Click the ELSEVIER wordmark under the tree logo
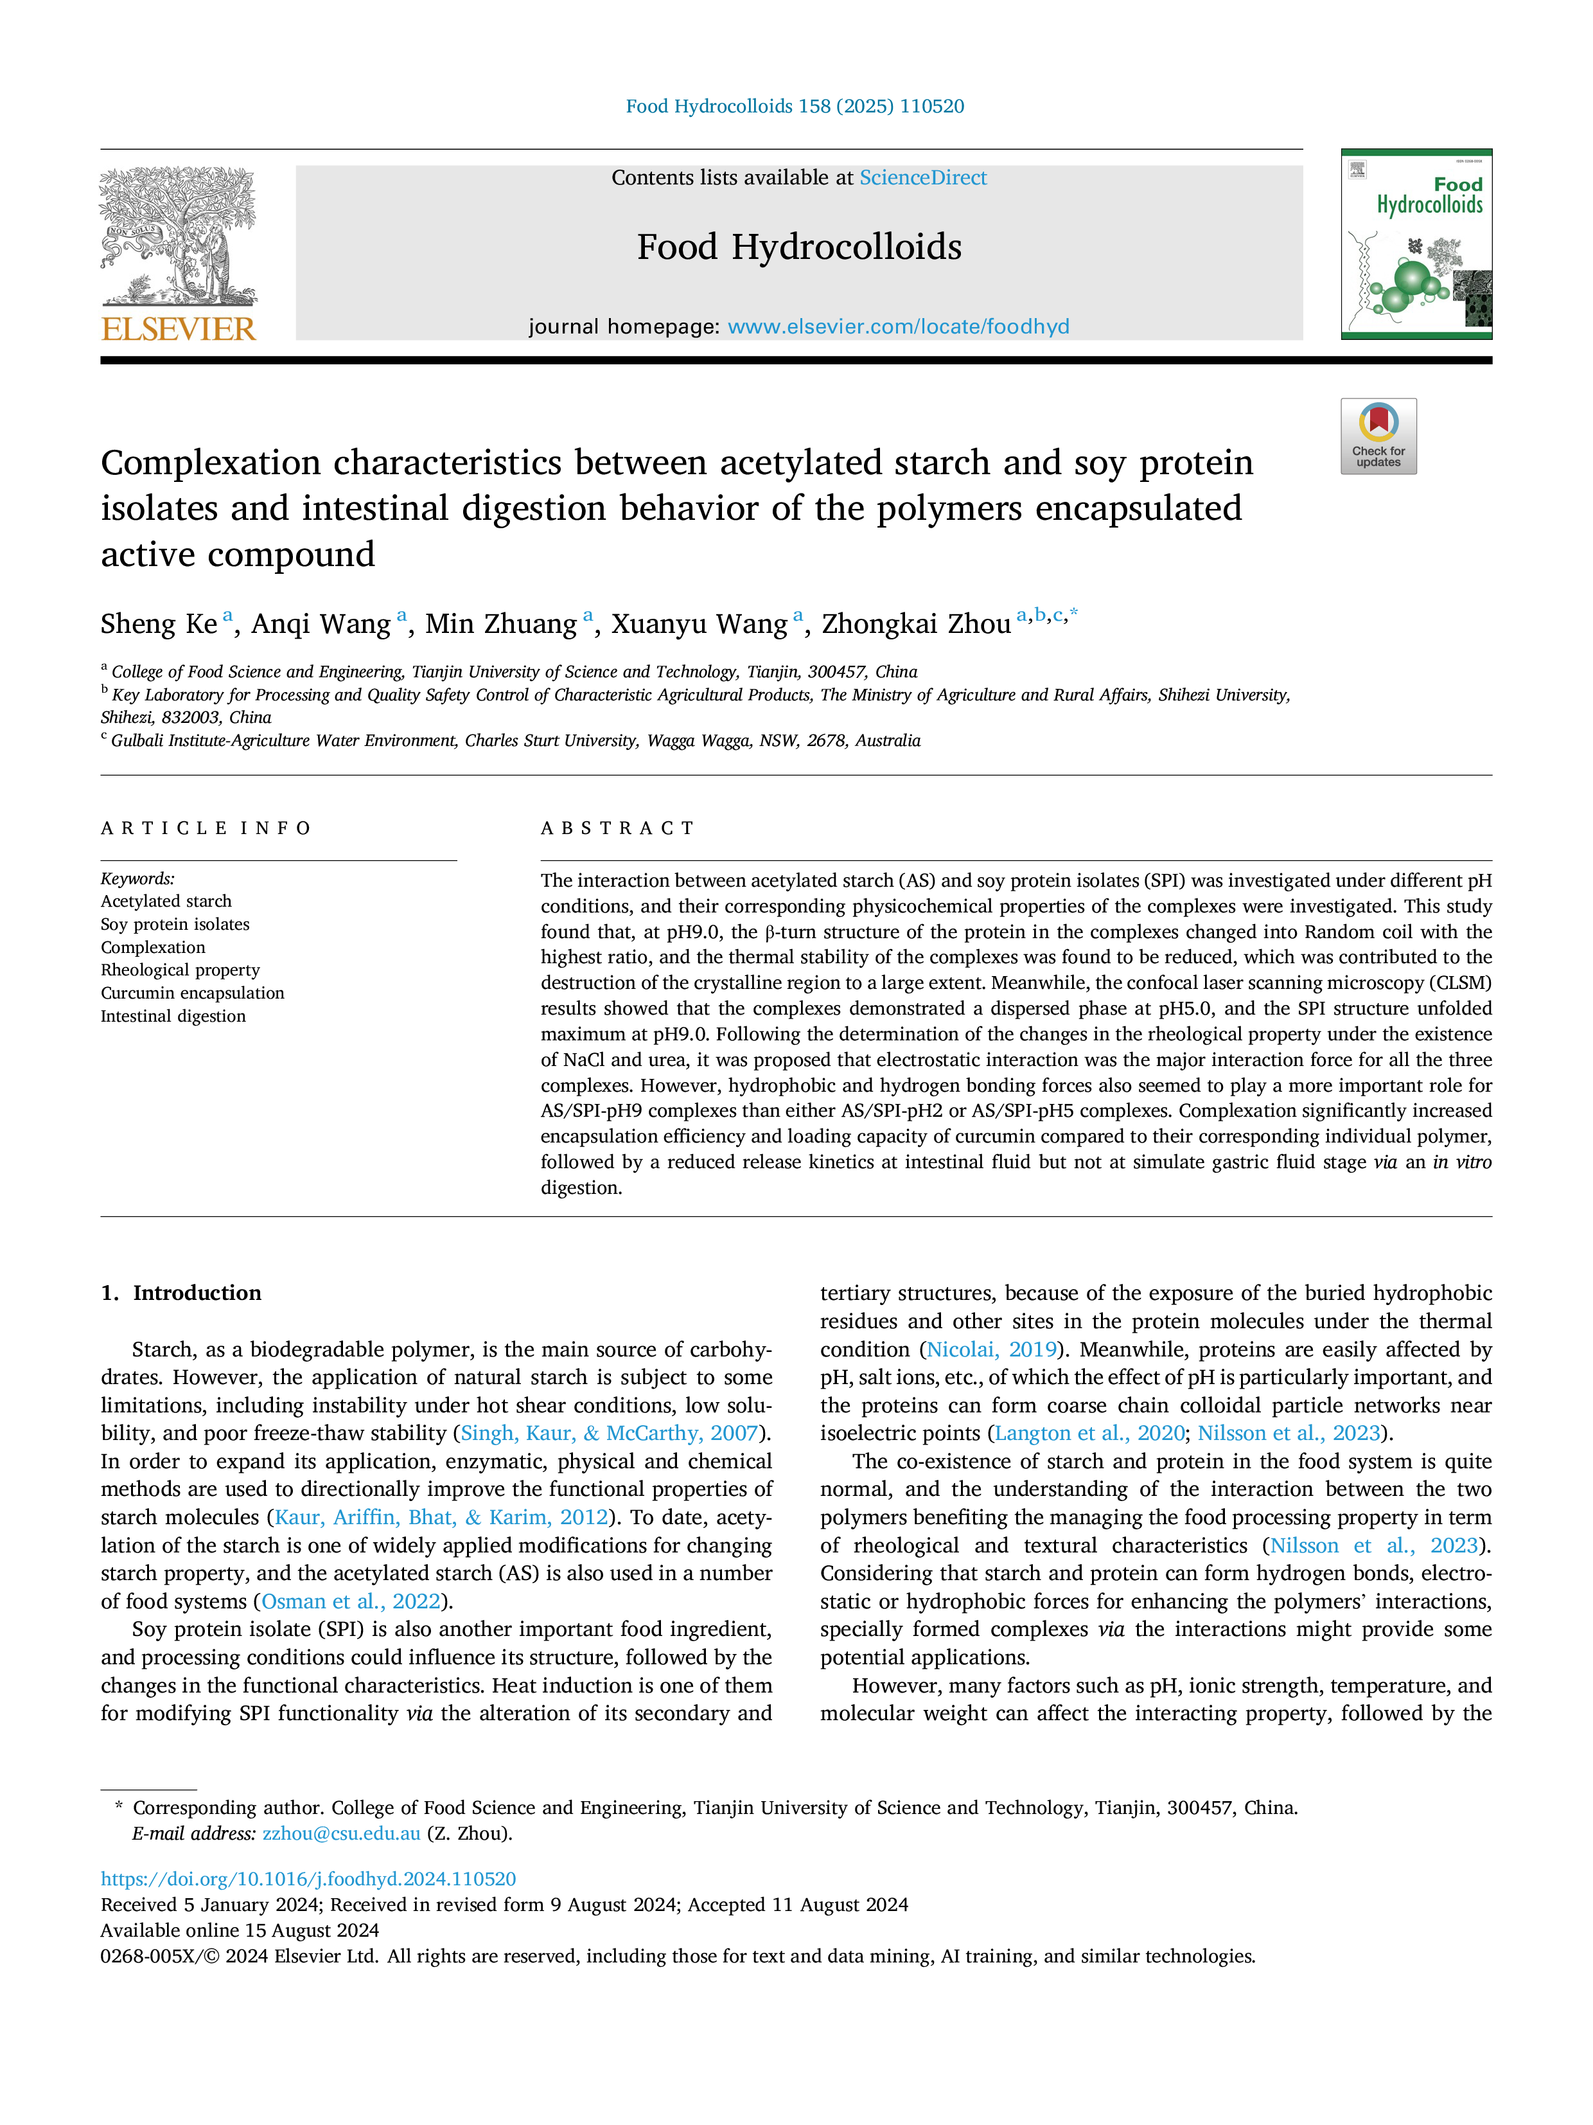[x=179, y=330]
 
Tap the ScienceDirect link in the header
[x=923, y=178]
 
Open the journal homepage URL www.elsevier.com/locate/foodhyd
[x=898, y=326]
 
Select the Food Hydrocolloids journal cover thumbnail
[x=1416, y=244]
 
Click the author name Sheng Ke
[x=159, y=625]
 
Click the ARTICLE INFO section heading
[x=206, y=828]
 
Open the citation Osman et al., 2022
[x=351, y=1601]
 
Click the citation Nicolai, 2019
[x=992, y=1350]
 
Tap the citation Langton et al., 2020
[x=1090, y=1434]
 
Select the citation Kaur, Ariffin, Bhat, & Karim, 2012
[x=442, y=1517]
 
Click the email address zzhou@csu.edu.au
[x=341, y=1833]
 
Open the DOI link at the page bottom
[x=308, y=1878]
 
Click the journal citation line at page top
[x=795, y=107]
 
